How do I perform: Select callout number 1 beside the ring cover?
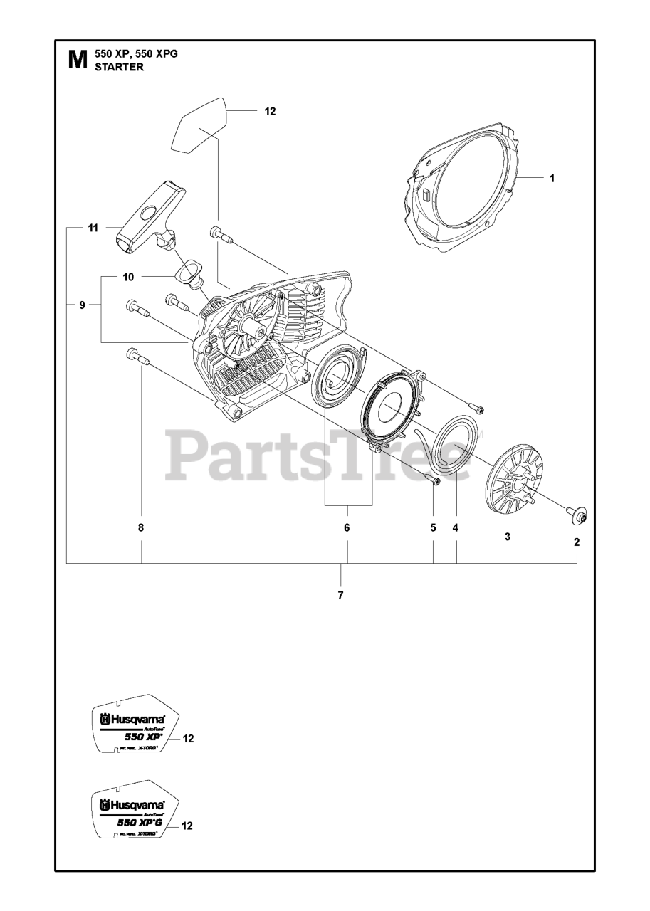coord(552,179)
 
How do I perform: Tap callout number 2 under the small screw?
coord(577,542)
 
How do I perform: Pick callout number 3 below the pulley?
coord(508,537)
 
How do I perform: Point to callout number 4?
coord(456,527)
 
